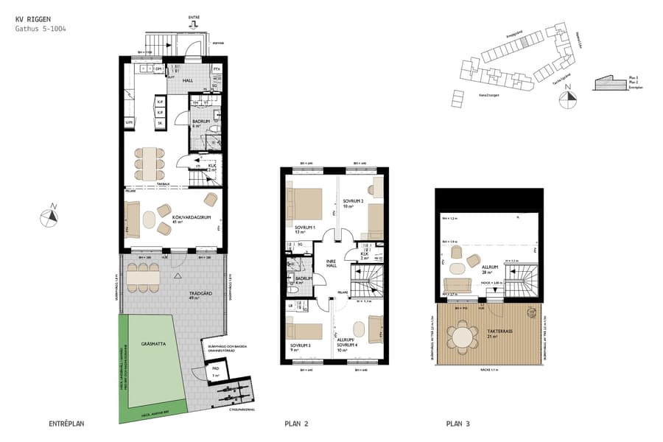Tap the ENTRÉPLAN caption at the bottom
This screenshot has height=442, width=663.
pyautogui.click(x=66, y=424)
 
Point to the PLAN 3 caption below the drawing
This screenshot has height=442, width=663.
pyautogui.click(x=457, y=424)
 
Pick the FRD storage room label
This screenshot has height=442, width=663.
pyautogui.click(x=216, y=369)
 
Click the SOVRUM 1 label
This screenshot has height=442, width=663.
pyautogui.click(x=305, y=229)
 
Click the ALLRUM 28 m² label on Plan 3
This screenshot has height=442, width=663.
pyautogui.click(x=486, y=269)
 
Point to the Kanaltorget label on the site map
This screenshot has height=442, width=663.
pyautogui.click(x=487, y=95)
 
